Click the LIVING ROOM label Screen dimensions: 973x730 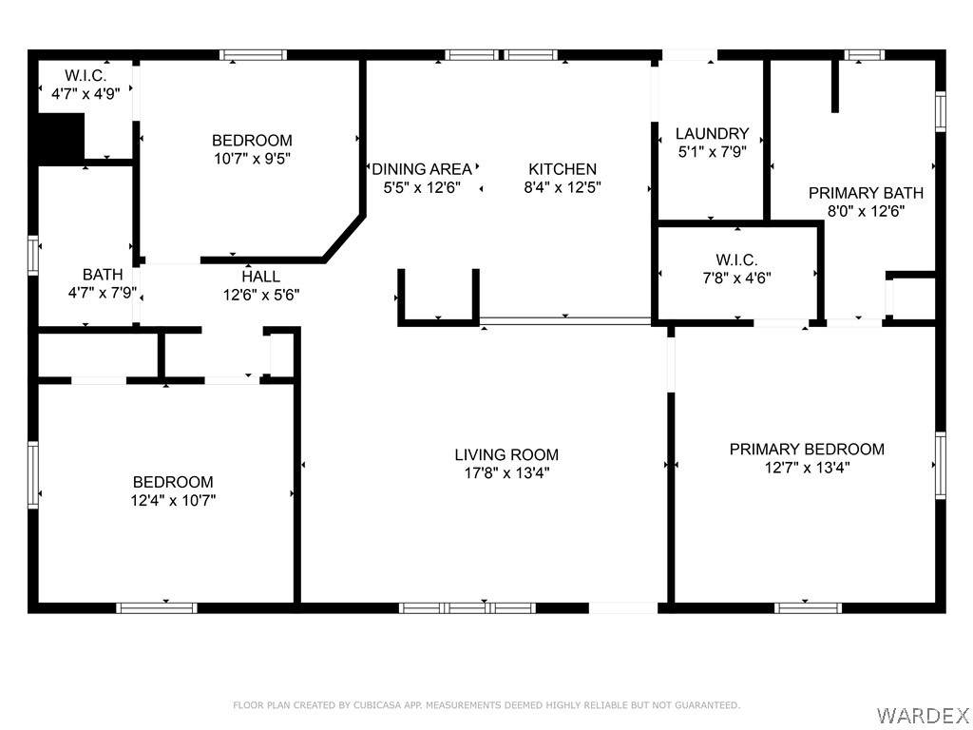coord(506,454)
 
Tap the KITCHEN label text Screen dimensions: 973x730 coord(563,169)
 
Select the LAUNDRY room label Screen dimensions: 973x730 coord(712,133)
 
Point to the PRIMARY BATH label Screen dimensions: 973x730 coord(866,193)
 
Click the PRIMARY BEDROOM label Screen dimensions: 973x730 coord(807,449)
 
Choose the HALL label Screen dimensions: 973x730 coord(260,277)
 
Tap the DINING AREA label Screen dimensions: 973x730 coord(422,169)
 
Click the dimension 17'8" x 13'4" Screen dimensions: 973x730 coord(507,473)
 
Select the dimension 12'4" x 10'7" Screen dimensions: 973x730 coord(173,500)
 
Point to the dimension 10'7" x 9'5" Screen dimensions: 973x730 coord(253,159)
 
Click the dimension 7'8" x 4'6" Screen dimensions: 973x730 coord(736,278)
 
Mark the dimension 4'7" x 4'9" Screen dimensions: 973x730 coord(85,94)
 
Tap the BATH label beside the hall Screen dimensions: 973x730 coord(103,275)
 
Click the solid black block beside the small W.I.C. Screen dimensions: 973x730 coord(61,139)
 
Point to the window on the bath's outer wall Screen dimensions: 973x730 coord(33,255)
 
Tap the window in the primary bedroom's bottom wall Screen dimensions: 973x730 coord(808,607)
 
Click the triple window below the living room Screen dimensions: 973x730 coord(467,607)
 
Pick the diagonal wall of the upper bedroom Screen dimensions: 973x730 coord(343,238)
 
